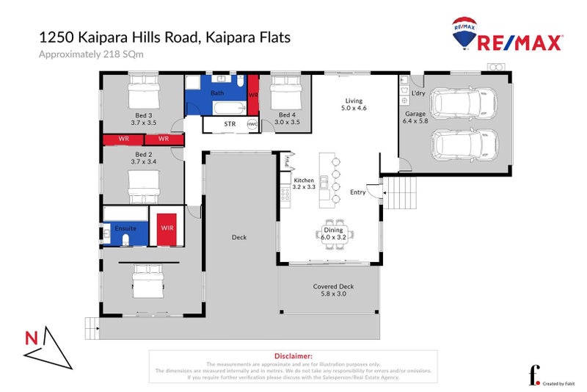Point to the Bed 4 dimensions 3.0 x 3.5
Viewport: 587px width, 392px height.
click(x=288, y=123)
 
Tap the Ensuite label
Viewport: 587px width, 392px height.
click(x=125, y=229)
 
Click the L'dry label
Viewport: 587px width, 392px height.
click(x=418, y=93)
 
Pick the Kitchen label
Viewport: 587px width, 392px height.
click(x=304, y=180)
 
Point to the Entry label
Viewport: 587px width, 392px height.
click(x=358, y=192)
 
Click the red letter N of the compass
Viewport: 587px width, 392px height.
click(x=31, y=338)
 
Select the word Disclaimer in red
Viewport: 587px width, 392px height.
click(x=293, y=355)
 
